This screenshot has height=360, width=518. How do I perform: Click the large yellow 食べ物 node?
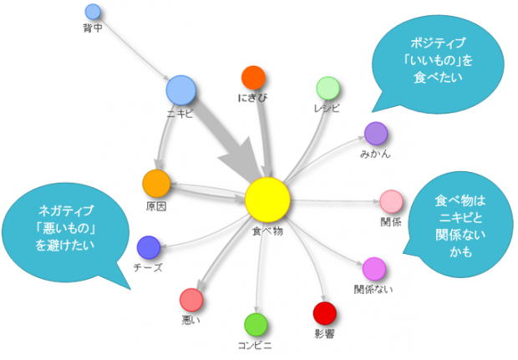267,200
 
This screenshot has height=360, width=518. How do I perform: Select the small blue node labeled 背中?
93,12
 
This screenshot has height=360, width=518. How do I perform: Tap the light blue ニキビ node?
180,89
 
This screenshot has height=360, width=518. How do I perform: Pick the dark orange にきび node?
253,78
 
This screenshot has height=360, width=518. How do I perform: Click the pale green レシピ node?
328,88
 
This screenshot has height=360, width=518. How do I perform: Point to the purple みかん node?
376,134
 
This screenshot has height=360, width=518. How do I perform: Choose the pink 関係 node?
391,201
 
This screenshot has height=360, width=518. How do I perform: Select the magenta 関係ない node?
373,269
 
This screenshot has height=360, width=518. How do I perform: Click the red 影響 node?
324,313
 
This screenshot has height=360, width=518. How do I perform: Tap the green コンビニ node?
256,324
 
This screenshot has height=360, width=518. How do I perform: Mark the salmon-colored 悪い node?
191,299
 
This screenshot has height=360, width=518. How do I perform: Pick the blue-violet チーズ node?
148,247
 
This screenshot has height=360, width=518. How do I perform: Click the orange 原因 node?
156,182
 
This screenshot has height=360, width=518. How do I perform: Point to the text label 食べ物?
267,231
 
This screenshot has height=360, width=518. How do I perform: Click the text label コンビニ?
256,344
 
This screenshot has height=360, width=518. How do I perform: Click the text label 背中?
93,28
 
